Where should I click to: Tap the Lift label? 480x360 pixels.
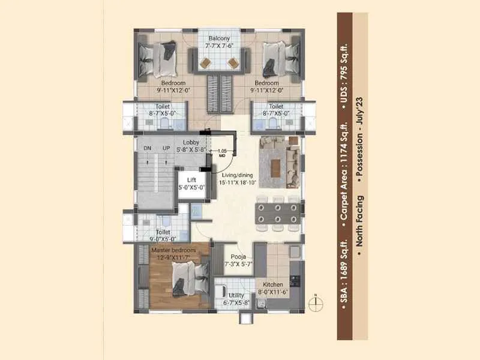pos(191,179)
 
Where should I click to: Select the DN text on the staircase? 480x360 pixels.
pos(148,148)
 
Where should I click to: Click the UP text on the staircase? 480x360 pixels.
pos(166,148)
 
